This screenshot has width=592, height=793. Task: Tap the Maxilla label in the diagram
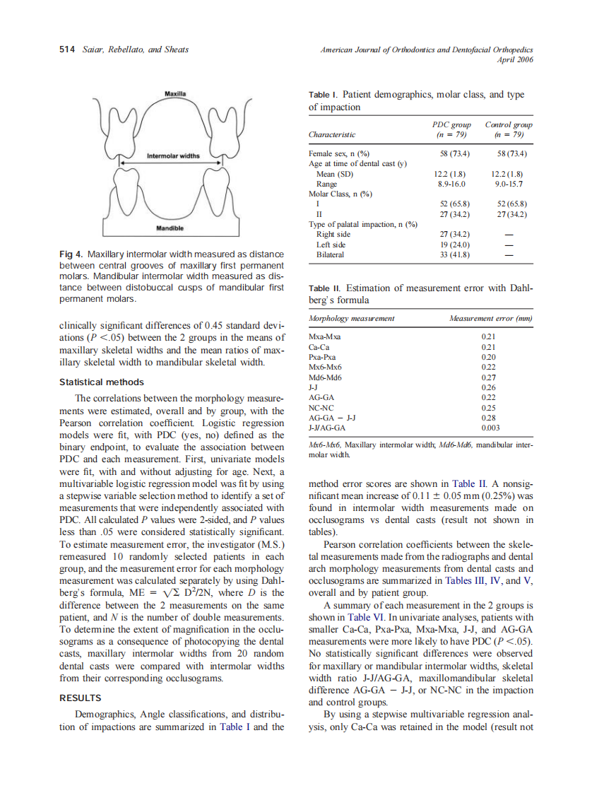175,93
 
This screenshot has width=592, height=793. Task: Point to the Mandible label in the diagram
170,228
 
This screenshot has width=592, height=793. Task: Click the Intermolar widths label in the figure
173,155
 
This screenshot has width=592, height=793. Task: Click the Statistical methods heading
101,382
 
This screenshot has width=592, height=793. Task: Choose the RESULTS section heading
80,698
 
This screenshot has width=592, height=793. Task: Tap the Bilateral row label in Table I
330,254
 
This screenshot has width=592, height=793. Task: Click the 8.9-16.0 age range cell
451,184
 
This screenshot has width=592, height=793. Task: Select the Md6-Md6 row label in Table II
325,377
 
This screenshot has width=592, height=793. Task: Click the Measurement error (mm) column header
490,319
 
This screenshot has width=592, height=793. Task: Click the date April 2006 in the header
515,59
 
